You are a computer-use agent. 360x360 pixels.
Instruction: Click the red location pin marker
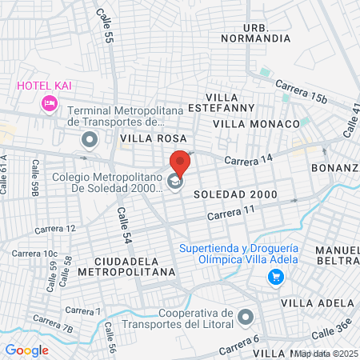click(181, 163)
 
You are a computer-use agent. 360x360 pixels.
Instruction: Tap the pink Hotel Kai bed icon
click(49, 102)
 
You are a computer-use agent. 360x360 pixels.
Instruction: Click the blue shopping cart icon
click(276, 278)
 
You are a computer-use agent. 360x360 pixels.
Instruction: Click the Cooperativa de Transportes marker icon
click(246, 318)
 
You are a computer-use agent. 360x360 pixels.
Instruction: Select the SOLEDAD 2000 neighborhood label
click(235, 194)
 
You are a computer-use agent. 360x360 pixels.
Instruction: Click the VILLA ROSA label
click(147, 138)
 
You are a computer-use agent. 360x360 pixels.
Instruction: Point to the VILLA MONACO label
click(254, 124)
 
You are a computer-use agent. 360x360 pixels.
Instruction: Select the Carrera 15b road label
click(302, 91)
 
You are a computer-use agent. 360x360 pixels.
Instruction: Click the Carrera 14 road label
click(250, 161)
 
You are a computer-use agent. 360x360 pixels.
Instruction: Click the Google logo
click(26, 350)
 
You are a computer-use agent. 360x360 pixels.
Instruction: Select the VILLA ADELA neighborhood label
click(318, 302)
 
